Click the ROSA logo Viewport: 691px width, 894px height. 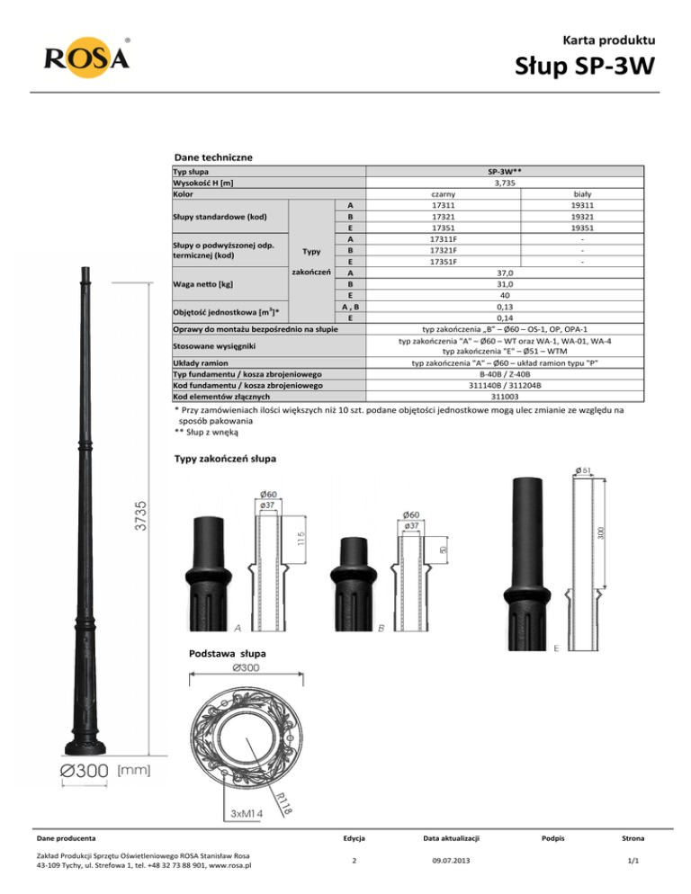(86, 58)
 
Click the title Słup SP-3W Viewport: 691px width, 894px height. (585, 66)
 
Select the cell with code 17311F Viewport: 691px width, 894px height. (444, 239)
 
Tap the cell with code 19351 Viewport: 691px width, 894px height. (582, 228)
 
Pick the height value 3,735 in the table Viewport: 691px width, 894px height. (505, 183)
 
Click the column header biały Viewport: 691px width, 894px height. (582, 194)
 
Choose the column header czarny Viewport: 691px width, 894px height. (444, 194)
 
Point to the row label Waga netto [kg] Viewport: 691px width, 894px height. (202, 284)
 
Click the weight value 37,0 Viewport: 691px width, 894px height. (505, 273)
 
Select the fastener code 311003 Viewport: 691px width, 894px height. (505, 397)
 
